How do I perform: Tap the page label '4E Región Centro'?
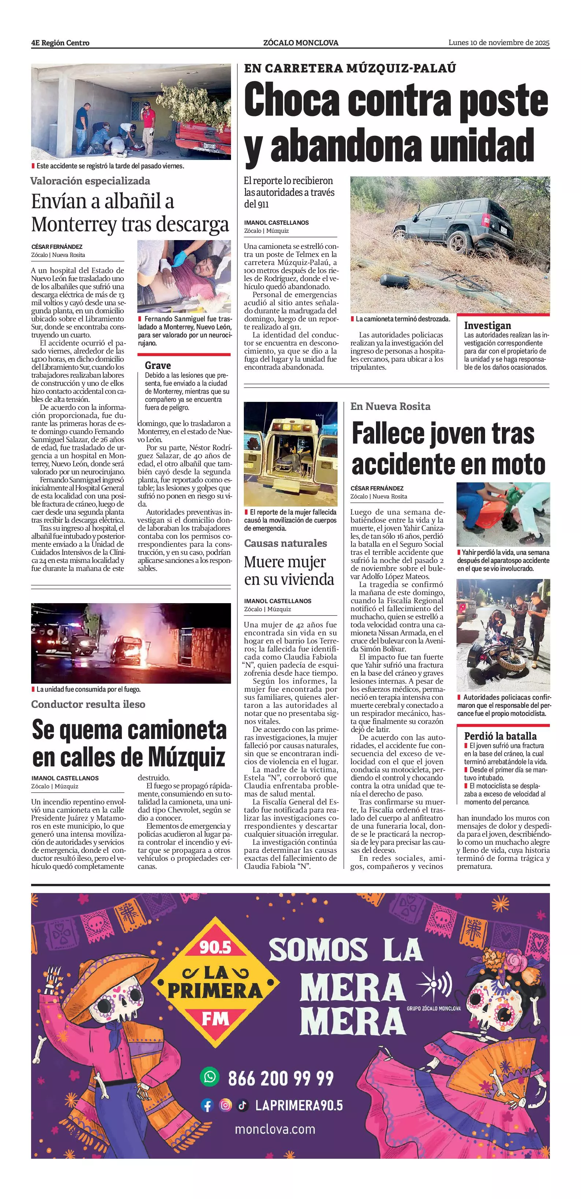pyautogui.click(x=60, y=43)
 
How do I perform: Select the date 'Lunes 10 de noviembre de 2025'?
pyautogui.click(x=499, y=42)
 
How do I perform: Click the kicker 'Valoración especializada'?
pyautogui.click(x=90, y=181)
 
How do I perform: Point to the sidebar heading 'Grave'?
pyautogui.click(x=158, y=365)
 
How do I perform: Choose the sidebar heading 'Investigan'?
pyautogui.click(x=487, y=325)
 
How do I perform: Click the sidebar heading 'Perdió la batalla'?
pyautogui.click(x=500, y=736)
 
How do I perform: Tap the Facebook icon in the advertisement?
pyautogui.click(x=207, y=1105)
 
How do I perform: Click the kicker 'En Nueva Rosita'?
pyautogui.click(x=390, y=406)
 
